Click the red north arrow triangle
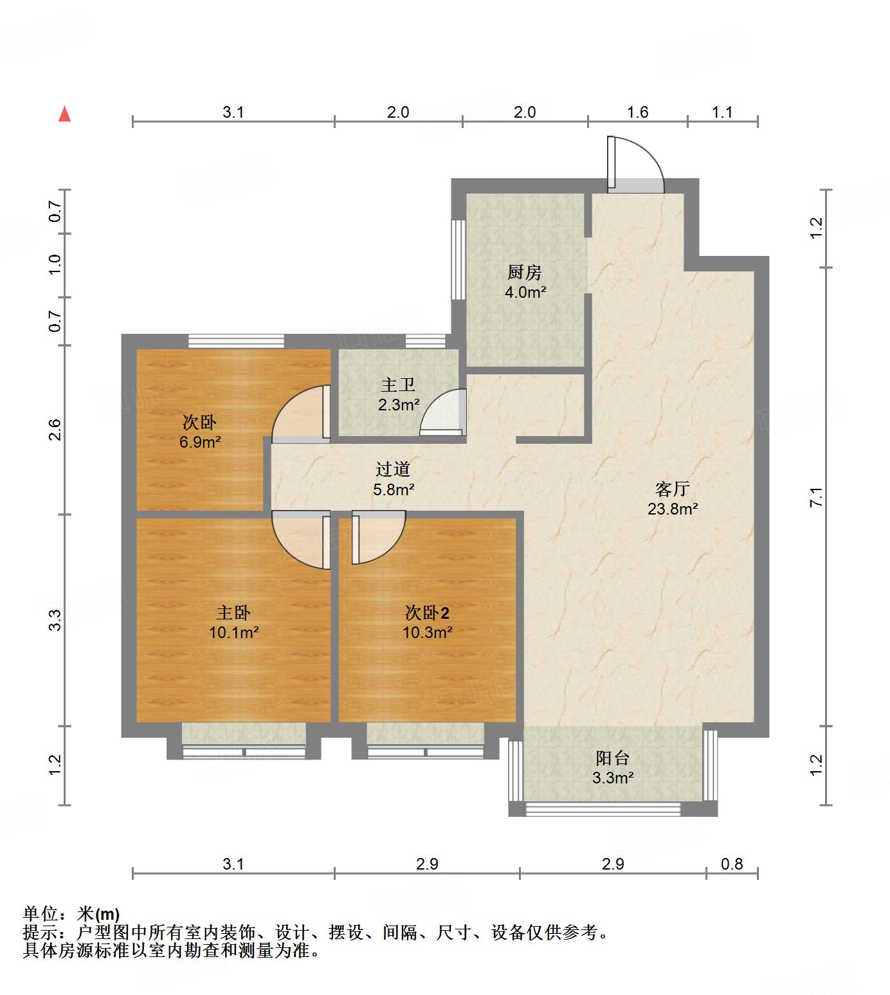64,114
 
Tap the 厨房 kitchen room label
525,273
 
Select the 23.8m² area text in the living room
673,509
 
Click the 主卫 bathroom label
398,385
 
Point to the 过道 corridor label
392,470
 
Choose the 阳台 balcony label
612,758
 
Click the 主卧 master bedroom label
233,612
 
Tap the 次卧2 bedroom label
427,612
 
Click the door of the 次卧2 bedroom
377,537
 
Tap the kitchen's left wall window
458,259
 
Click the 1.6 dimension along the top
637,112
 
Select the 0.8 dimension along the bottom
732,864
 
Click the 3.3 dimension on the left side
55,619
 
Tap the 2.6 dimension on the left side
55,429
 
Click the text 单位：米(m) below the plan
71,913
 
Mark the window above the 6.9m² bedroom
236,341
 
